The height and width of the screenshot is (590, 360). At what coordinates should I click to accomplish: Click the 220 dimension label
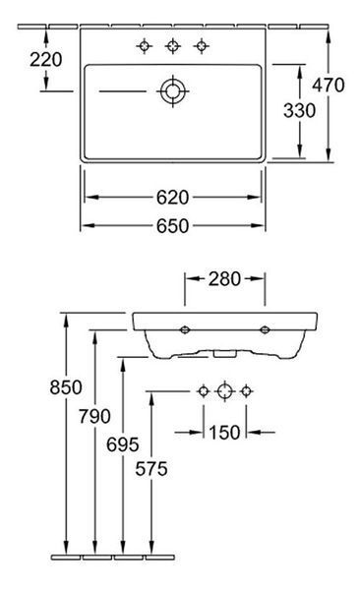[46, 60]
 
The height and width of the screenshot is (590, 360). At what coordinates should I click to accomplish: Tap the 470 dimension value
[328, 85]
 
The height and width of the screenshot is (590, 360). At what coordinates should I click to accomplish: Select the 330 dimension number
[299, 110]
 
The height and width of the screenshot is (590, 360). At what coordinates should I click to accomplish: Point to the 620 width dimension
[172, 198]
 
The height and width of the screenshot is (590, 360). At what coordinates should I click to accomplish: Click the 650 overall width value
[172, 226]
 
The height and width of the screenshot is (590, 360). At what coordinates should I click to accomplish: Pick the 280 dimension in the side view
[224, 279]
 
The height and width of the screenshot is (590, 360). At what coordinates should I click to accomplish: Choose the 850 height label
[66, 387]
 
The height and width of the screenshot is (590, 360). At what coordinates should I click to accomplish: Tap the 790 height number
[94, 416]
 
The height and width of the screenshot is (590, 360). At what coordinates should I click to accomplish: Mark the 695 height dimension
[123, 444]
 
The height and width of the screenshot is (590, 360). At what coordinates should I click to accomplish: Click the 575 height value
[151, 469]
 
